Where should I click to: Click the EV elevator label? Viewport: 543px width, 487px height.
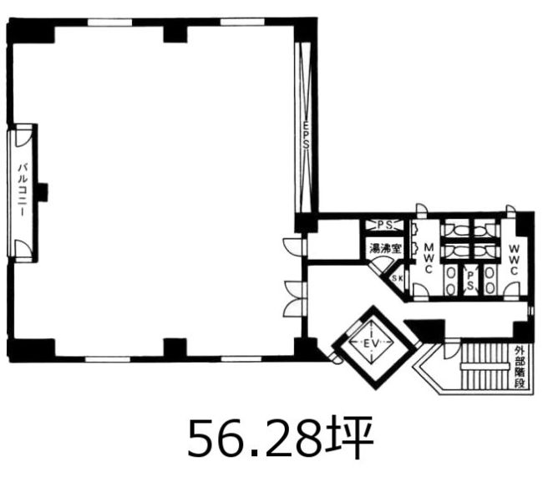pos(372,343)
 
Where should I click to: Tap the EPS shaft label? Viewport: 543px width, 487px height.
pos(306,134)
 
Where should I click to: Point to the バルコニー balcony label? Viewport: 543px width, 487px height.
pos(23,190)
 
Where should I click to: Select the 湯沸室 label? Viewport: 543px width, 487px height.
pos(385,248)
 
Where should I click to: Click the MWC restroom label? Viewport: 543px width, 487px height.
pos(429,258)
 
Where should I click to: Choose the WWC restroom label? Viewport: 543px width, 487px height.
pos(515,260)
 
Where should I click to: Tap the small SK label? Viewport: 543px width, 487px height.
pos(397,278)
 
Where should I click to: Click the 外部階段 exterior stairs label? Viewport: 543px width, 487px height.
pos(520,367)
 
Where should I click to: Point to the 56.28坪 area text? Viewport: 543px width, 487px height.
pos(281,438)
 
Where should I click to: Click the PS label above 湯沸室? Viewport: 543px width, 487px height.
pos(385,226)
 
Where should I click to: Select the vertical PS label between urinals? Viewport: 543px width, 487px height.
pos(470,281)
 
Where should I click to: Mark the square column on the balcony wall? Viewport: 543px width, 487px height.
pos(43,192)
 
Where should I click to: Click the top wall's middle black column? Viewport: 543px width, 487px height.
pos(175,34)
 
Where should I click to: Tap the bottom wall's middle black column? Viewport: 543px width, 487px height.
pos(175,347)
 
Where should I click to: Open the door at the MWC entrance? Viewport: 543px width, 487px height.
pos(421,290)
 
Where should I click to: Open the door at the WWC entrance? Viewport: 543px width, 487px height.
pos(511,290)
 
